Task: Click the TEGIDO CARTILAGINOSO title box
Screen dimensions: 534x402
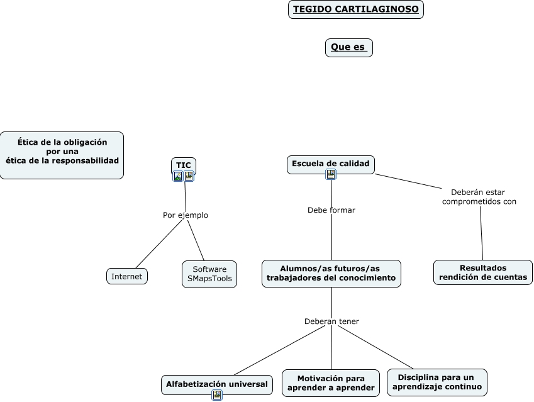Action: [x=356, y=9]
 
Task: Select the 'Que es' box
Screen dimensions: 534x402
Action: [x=349, y=48]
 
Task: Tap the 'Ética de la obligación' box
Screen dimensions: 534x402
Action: [x=62, y=155]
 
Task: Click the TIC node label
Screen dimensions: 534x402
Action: [x=184, y=165]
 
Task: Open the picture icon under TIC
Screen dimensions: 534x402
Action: [x=178, y=176]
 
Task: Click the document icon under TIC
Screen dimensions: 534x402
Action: [x=189, y=176]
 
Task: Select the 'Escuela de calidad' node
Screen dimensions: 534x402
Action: [x=331, y=164]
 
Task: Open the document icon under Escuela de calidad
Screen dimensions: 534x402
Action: [x=331, y=174]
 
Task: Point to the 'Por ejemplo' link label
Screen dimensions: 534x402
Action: [x=186, y=215]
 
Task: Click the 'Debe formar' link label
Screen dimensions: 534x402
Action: [x=331, y=210]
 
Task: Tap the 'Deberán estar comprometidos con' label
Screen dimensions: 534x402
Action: [x=479, y=197]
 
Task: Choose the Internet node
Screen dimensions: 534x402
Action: [x=127, y=276]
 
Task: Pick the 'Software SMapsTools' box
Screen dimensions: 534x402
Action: [x=209, y=274]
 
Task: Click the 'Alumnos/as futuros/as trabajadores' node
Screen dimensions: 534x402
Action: [x=331, y=274]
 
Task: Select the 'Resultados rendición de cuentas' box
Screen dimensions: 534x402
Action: [x=483, y=272]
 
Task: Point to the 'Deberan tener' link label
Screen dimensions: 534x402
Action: [x=331, y=321]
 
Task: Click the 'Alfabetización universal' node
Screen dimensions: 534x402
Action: [x=217, y=384]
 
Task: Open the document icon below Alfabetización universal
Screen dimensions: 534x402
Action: [x=217, y=395]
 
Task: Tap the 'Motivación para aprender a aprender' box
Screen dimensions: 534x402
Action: [x=331, y=383]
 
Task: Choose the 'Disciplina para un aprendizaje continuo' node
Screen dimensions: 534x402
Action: [x=437, y=382]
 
